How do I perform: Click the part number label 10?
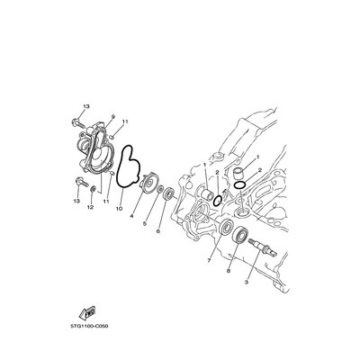click(x=119, y=208)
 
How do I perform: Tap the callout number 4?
click(x=131, y=216)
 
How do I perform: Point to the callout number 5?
click(x=144, y=223)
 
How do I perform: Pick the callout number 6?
click(x=157, y=231)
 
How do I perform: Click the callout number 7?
click(x=209, y=260)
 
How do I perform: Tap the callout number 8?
click(x=229, y=270)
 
